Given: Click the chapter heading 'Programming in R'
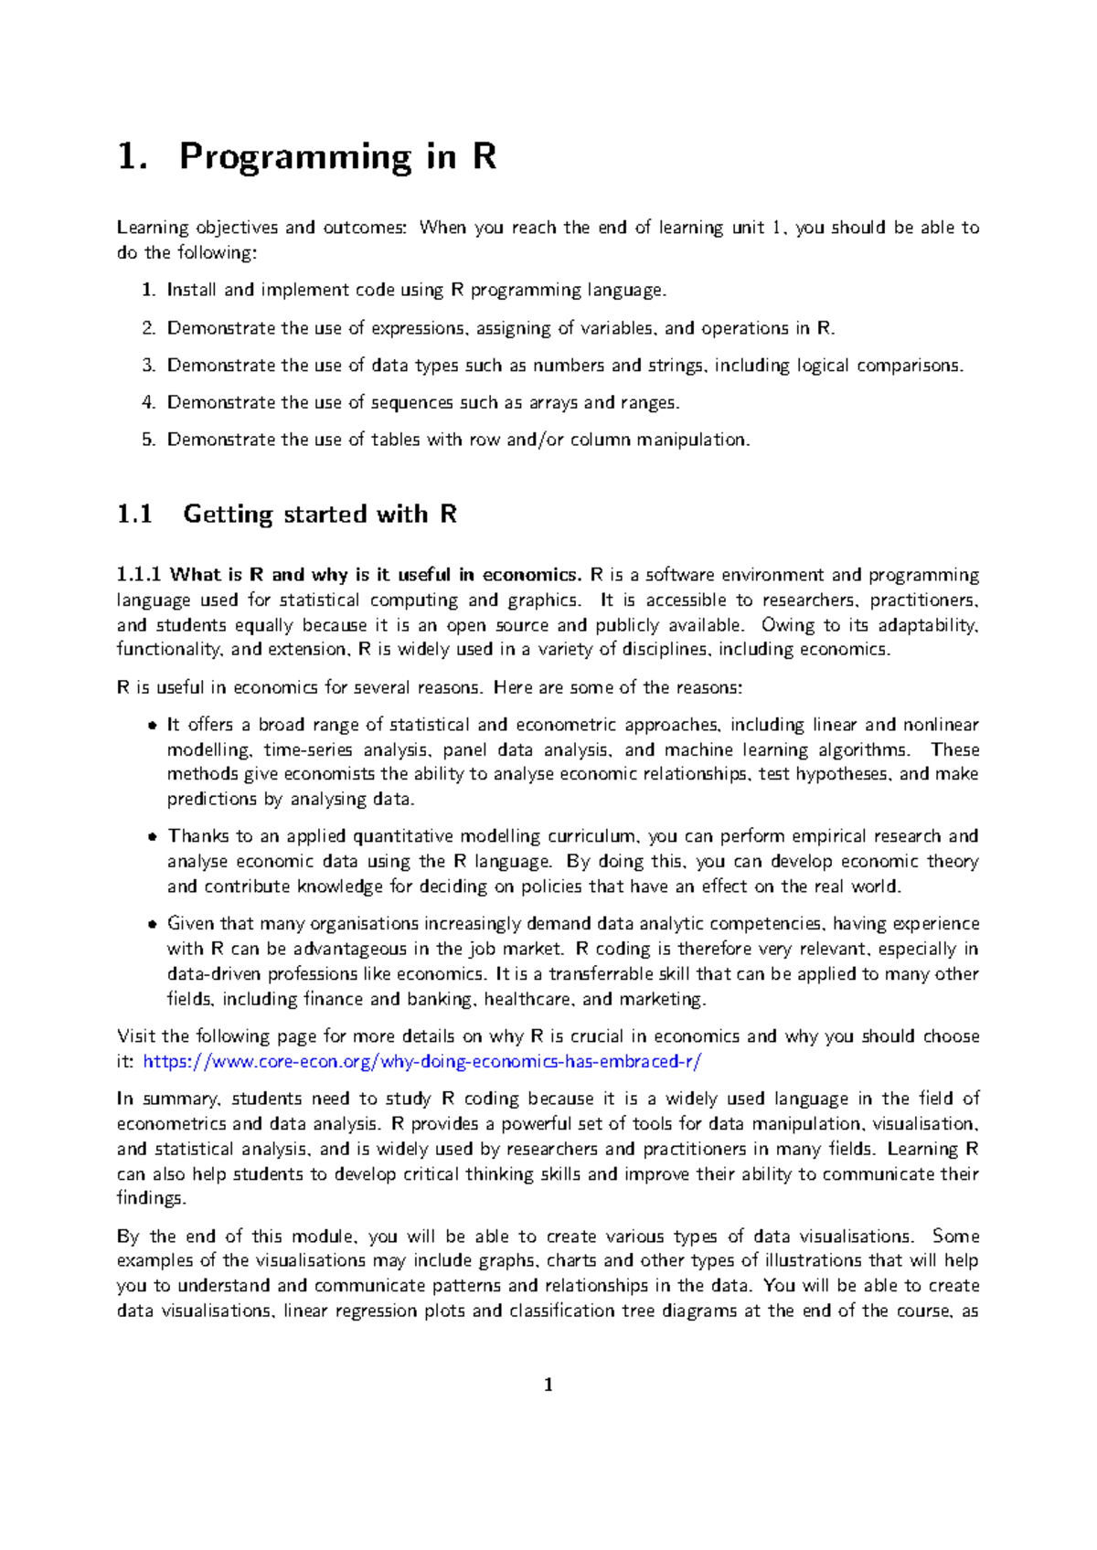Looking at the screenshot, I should coord(337,157).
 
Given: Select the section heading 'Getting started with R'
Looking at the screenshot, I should coord(319,515).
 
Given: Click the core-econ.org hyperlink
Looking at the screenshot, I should coord(422,1062).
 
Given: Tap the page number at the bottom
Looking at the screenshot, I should coord(548,1385).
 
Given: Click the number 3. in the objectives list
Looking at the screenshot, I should coord(149,366).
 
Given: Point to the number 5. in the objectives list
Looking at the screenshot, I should coord(149,440).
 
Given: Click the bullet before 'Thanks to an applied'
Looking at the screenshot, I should coord(152,837).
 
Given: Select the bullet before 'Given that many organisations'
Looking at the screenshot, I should coord(152,925).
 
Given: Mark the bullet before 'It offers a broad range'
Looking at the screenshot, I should coord(152,726).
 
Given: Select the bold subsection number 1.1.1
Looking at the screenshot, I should coord(139,575).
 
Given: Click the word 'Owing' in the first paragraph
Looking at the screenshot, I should coord(788,625).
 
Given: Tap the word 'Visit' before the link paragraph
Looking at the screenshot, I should coord(136,1036).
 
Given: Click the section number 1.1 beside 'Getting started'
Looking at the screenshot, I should coord(134,515).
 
